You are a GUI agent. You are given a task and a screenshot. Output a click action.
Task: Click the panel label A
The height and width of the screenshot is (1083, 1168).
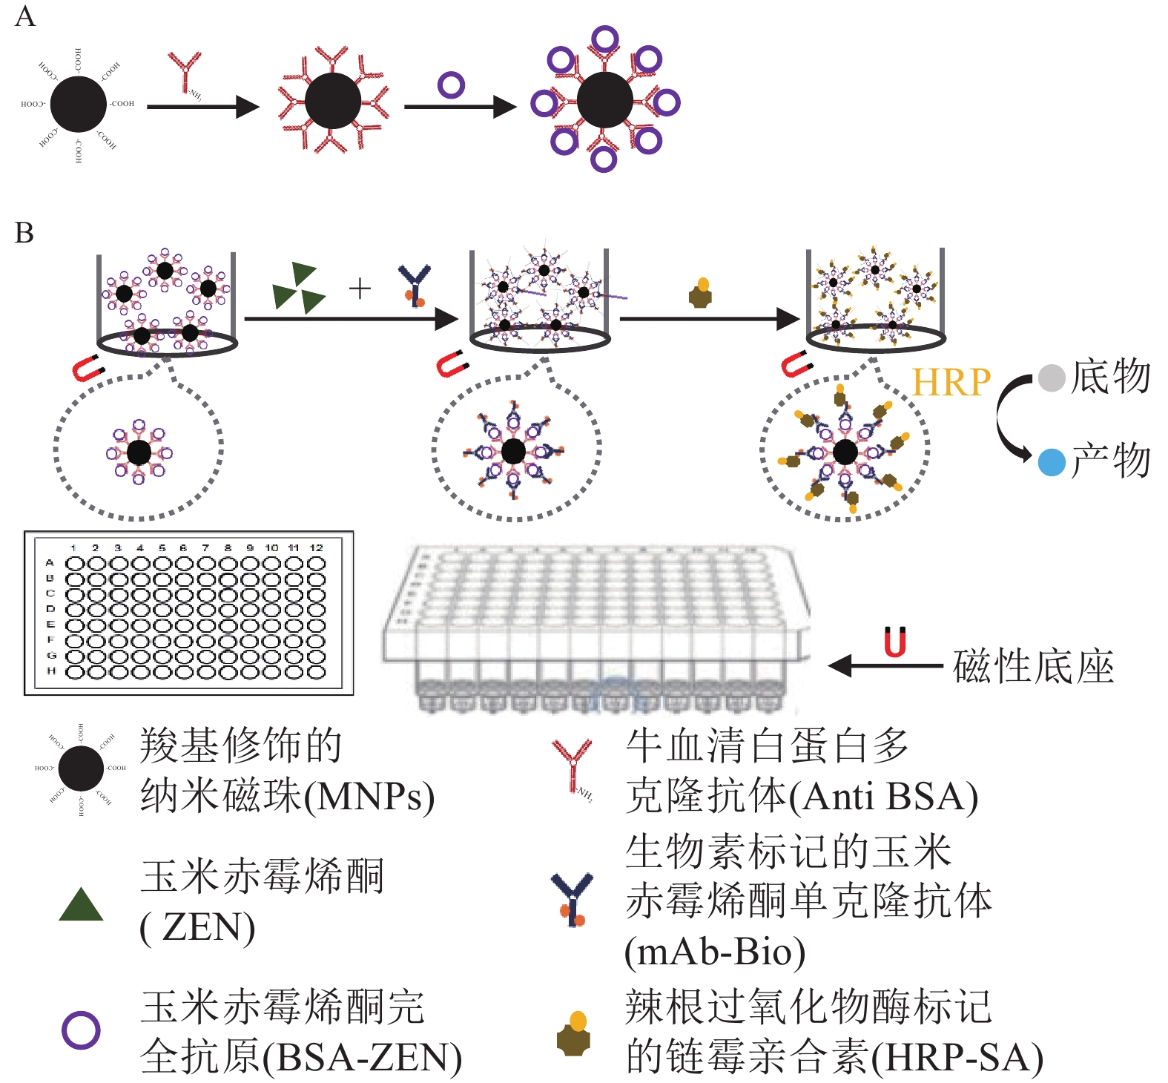tap(24, 16)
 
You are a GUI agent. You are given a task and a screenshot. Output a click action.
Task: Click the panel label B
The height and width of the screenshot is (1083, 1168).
tap(24, 233)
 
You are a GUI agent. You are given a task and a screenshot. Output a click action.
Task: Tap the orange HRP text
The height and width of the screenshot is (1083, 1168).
tap(951, 383)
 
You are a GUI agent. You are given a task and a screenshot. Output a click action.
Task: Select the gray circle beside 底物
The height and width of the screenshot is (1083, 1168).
tap(1051, 378)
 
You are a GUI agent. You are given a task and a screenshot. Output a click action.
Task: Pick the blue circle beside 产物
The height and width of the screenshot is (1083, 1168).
tap(1051, 461)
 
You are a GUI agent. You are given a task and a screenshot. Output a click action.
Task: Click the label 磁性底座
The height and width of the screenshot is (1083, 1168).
tap(1033, 666)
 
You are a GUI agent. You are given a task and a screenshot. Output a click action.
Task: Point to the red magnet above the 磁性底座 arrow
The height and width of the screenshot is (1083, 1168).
tap(895, 642)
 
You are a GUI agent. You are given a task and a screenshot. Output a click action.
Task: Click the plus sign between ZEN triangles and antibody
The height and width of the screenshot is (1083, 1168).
tap(360, 288)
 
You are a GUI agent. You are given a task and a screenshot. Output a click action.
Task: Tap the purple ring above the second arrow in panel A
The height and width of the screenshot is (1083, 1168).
tap(451, 85)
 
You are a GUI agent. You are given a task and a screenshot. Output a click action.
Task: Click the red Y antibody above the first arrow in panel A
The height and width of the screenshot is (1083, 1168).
tap(184, 70)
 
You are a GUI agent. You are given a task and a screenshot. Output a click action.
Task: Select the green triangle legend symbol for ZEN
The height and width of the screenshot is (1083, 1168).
tap(81, 905)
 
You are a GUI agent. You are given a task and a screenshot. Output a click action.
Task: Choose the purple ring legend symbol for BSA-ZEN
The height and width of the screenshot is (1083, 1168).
tap(81, 1030)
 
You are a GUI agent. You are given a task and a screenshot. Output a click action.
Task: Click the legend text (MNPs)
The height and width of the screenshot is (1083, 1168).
tap(369, 797)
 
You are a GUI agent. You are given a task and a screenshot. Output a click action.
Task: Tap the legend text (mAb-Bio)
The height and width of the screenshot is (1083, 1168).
tap(715, 952)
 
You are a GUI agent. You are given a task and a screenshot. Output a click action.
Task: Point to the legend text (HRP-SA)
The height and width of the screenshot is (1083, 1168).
tap(957, 1057)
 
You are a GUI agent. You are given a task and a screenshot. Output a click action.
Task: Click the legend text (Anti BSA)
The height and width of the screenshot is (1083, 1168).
tap(882, 797)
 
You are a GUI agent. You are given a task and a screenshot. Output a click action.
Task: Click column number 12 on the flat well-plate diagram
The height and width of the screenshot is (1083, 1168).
tap(317, 547)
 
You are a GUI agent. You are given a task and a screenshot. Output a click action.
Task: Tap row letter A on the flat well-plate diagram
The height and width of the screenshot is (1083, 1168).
tap(50, 563)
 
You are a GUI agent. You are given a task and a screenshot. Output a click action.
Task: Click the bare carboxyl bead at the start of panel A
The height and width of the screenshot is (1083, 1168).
tap(79, 104)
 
